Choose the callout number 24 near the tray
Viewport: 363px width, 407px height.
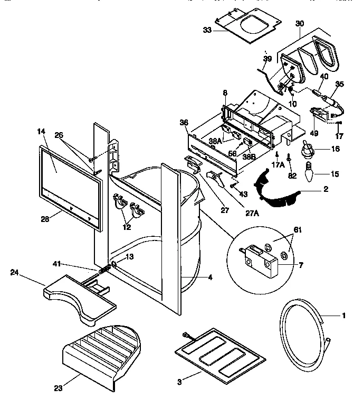15,273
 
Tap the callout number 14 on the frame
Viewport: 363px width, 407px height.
42,130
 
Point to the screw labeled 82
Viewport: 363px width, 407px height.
290,157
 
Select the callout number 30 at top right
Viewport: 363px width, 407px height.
300,23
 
